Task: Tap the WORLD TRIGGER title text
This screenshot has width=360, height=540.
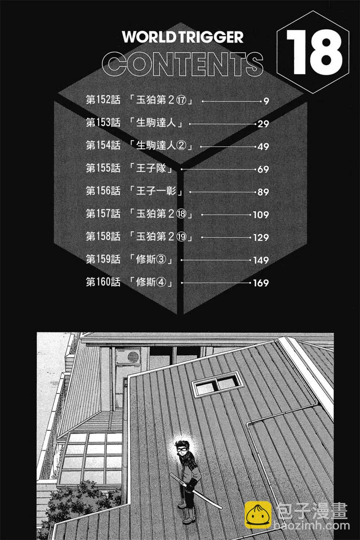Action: (x=183, y=37)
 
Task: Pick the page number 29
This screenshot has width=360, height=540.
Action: (x=263, y=124)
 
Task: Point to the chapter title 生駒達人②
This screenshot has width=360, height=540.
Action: (x=161, y=146)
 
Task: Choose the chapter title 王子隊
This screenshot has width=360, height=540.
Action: (x=151, y=169)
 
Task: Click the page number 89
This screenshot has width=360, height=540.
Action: (x=263, y=192)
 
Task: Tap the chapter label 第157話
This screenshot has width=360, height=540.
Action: (x=103, y=214)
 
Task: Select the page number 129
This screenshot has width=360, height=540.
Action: (x=261, y=238)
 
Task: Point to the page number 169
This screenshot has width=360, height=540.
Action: (x=261, y=283)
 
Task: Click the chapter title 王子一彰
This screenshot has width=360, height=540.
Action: (x=156, y=192)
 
